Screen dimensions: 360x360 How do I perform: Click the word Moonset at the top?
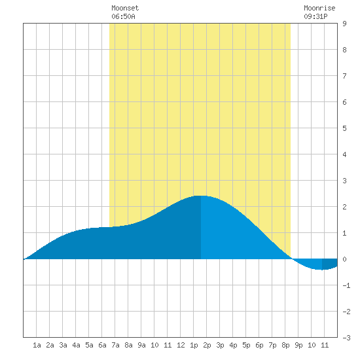pos(125,8)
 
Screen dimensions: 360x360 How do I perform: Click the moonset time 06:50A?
pos(123,16)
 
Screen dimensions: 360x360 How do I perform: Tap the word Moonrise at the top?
pos(319,8)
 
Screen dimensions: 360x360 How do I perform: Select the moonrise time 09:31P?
pos(315,16)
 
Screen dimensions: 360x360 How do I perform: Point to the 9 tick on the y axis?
pos(344,24)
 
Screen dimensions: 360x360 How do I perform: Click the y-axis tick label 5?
pos(344,128)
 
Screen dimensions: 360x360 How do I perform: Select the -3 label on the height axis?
pos(346,338)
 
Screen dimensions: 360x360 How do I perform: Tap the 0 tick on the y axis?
pos(344,259)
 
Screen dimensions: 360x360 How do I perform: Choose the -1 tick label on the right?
pos(346,285)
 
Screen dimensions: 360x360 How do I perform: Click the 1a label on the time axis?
pos(37,345)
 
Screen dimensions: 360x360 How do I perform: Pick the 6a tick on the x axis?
pos(102,345)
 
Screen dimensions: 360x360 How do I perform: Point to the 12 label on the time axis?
pos(181,345)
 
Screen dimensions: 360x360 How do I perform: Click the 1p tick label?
pos(194,346)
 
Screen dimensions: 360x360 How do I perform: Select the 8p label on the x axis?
pos(285,346)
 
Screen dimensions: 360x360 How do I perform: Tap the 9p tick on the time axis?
pos(298,346)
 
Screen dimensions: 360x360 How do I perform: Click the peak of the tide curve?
pos(201,196)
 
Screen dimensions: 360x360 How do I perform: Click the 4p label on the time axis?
pos(233,346)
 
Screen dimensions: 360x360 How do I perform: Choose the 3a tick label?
pos(63,345)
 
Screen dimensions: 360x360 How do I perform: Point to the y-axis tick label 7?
pos(344,76)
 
